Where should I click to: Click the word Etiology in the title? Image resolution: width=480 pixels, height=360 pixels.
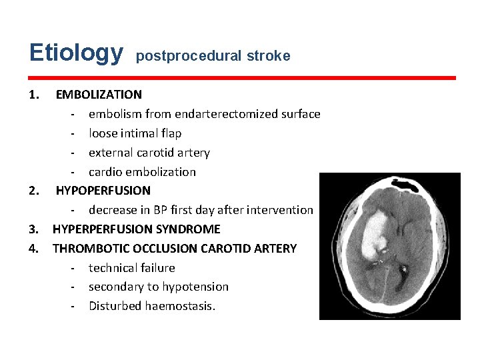76,53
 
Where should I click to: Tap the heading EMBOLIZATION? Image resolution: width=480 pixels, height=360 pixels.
99,95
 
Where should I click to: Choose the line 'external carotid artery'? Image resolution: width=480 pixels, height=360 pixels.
149,153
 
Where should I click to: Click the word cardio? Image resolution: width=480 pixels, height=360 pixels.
105,172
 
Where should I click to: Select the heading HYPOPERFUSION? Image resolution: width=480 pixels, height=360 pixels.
103,191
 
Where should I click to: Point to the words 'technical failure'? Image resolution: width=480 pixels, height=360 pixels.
132,268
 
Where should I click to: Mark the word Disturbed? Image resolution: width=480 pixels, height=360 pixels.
113,306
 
